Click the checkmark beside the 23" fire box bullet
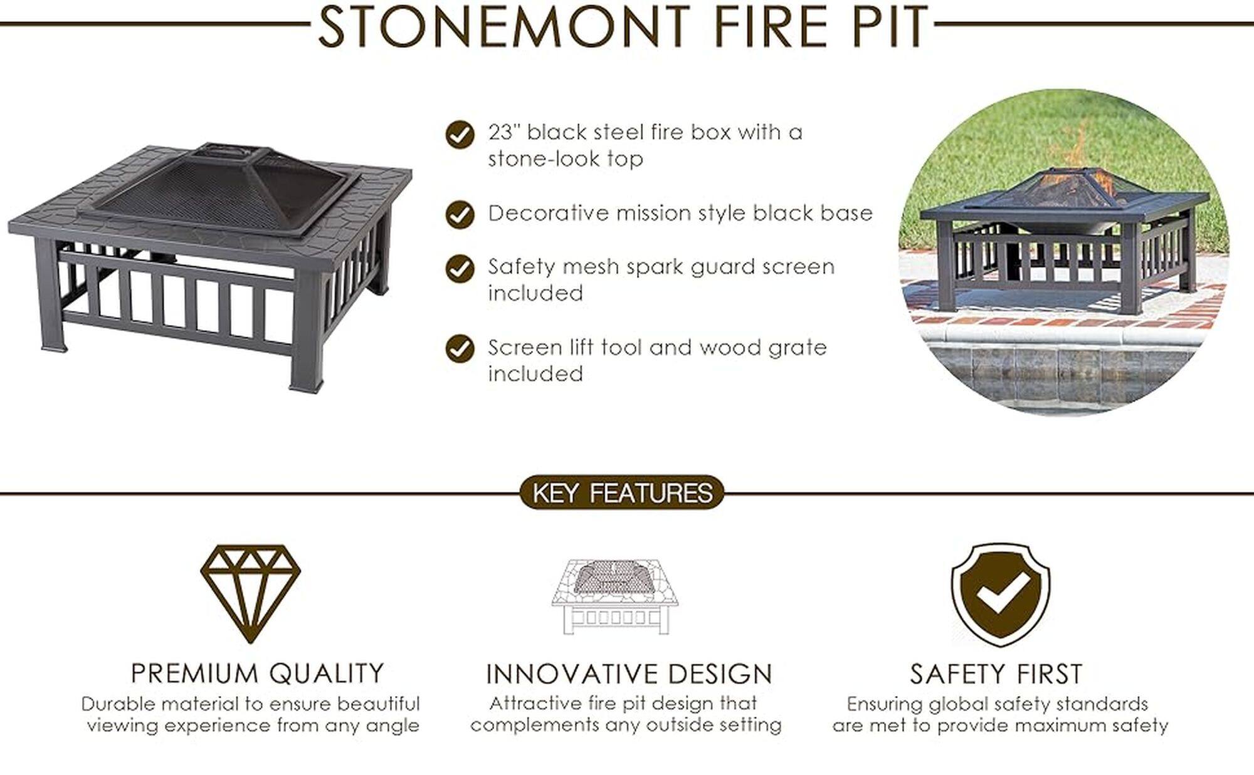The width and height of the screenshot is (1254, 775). (460, 135)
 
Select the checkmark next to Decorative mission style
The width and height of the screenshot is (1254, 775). (460, 215)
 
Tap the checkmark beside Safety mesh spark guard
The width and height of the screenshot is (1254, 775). (460, 269)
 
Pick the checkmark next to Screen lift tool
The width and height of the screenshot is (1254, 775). (460, 349)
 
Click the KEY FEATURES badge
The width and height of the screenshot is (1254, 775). (622, 492)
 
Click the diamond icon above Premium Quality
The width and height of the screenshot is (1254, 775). (251, 592)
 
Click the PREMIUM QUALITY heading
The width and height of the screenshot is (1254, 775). (257, 674)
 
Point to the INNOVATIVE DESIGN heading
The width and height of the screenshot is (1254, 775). (629, 674)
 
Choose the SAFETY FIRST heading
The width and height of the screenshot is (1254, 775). (996, 674)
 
